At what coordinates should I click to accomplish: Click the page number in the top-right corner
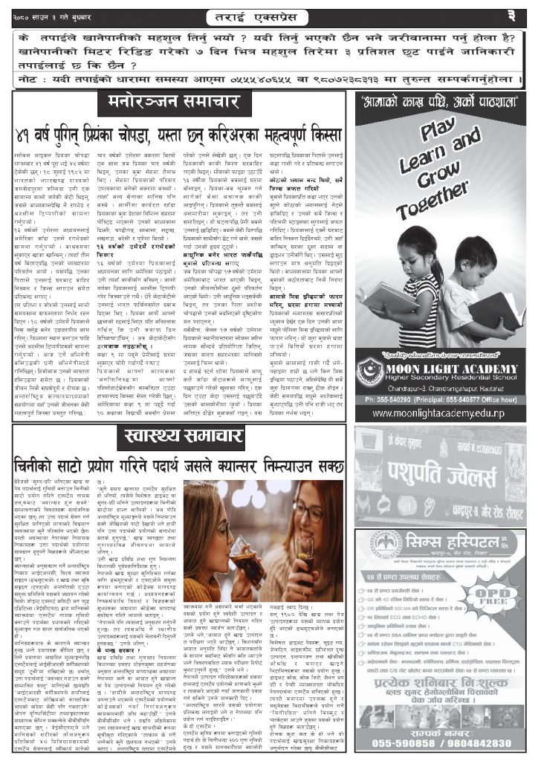coord(521,16)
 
